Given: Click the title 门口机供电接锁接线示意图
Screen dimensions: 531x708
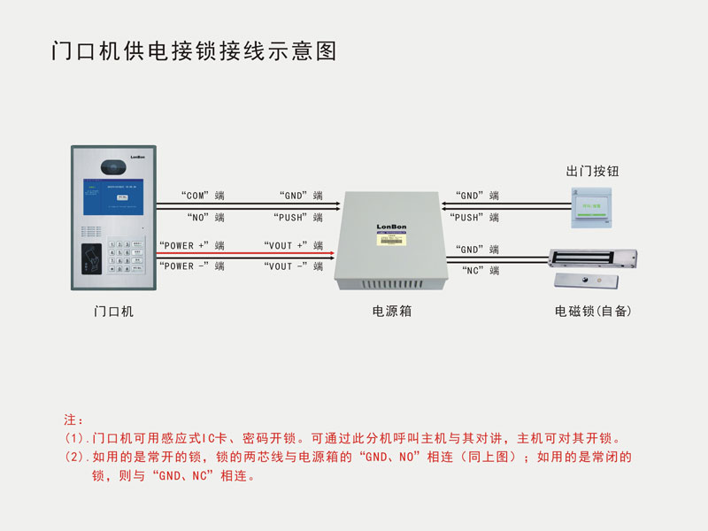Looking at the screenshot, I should coord(194,51).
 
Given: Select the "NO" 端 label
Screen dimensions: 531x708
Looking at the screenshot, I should coord(205,217).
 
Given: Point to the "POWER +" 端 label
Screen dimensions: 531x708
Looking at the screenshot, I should coord(191,245).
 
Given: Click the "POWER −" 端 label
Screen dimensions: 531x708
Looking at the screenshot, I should coord(191,265).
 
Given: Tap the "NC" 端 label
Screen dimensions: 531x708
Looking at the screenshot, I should coord(481,270).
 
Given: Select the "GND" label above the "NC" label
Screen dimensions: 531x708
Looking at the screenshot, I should coord(477,250).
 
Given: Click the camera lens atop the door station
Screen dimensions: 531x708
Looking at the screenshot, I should coord(113,165).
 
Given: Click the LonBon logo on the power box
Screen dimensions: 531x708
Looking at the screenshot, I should coord(390,226).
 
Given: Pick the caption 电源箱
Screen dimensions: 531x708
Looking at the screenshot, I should coord(391,312).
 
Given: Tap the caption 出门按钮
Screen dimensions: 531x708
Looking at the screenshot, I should coord(592,171).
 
